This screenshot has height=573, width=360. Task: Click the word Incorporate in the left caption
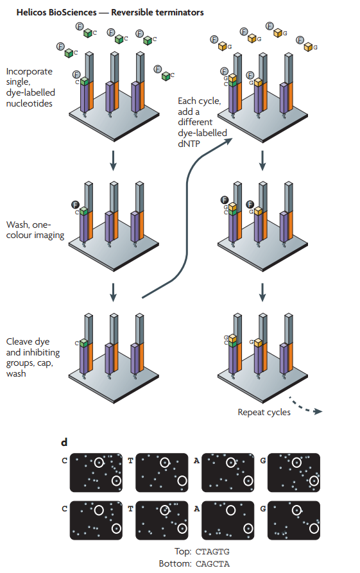[x=30, y=72]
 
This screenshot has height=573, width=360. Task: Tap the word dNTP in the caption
[x=189, y=144]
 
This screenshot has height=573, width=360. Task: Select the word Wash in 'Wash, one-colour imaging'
[x=16, y=225]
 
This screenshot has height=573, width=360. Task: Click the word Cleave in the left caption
[x=17, y=341]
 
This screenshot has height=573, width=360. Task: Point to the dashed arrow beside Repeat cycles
[x=305, y=406]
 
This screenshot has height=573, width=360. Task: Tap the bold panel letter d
[x=64, y=443]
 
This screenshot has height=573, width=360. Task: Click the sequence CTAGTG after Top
[x=212, y=551]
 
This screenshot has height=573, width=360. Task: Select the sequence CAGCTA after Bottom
[x=212, y=564]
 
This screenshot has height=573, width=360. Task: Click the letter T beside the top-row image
[x=130, y=461]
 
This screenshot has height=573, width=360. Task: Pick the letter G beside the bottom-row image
[x=263, y=509]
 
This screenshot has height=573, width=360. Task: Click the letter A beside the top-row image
[x=196, y=461]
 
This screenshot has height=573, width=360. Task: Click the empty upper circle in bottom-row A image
[x=230, y=509]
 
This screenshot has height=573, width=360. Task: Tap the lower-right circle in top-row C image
[x=116, y=480]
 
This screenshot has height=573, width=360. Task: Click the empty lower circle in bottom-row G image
[x=314, y=528]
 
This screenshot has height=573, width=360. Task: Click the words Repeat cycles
[x=264, y=412]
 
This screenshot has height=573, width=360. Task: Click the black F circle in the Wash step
[x=75, y=205]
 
